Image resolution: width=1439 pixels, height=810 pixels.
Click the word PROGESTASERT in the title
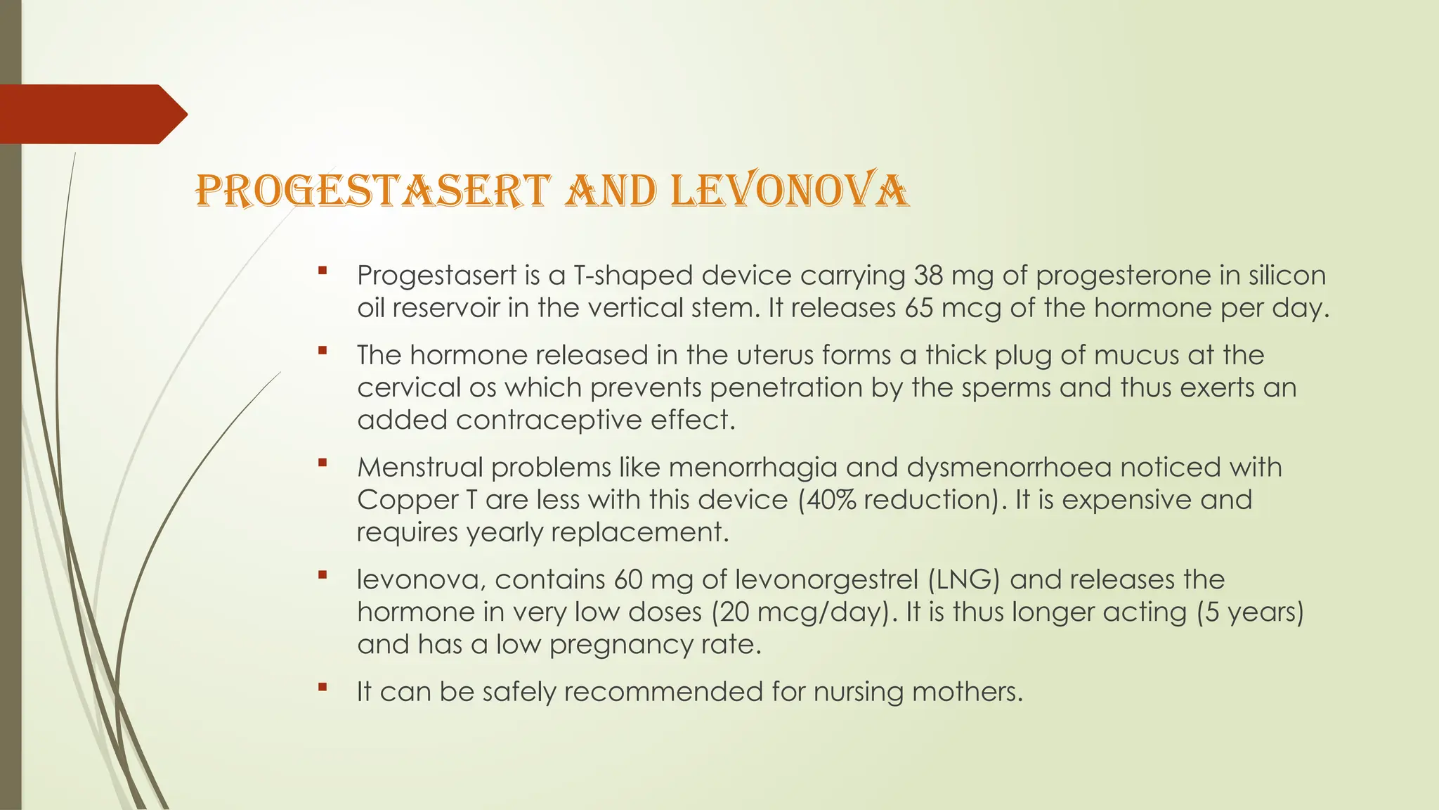372,190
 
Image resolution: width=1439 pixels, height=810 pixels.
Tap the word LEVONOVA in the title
790,190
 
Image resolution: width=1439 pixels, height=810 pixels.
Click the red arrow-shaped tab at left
91,114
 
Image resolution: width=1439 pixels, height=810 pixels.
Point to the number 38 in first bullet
929,275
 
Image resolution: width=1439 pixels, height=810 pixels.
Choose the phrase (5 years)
1251,612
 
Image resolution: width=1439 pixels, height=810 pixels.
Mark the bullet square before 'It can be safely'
323,687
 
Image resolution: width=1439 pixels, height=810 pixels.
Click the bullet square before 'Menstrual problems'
323,462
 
